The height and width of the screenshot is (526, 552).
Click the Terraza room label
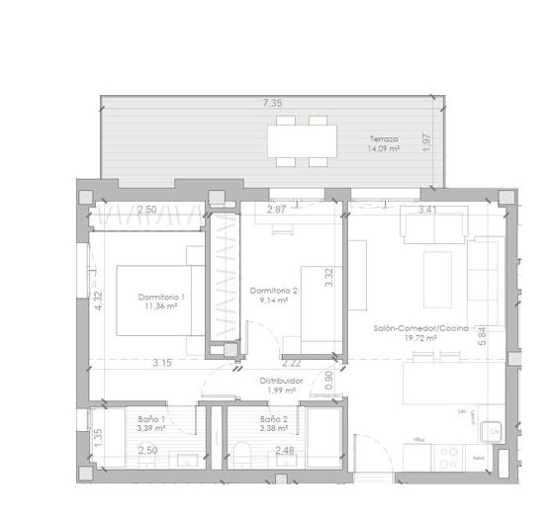coord(385,138)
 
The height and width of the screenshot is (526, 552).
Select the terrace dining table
coord(298,140)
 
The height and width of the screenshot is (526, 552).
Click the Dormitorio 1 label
coord(162,297)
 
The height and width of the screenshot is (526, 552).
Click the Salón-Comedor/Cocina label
coord(420,327)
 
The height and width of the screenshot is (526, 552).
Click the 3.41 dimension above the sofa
coord(428,210)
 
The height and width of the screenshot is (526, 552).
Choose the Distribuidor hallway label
coord(281,380)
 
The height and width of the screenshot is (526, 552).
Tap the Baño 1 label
coord(151,419)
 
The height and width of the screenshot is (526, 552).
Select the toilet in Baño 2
coord(243,456)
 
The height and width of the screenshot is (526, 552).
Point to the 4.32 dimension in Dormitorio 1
coord(99,300)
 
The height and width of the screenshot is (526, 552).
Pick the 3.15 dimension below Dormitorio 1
coord(162,363)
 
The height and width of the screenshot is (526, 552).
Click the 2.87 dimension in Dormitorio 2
coord(276,210)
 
